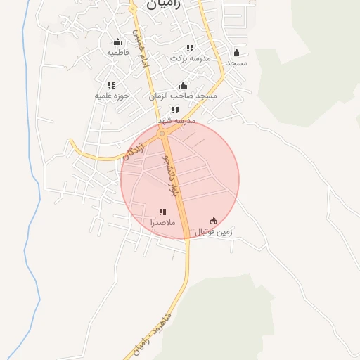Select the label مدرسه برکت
tap(191, 58)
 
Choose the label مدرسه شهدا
tap(176, 121)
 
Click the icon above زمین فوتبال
tap(214, 221)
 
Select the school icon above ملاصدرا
tap(162, 212)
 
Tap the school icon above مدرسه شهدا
tap(175, 110)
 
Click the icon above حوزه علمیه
tap(111, 85)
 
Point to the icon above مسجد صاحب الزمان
tap(183, 84)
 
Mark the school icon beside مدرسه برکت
tap(190, 48)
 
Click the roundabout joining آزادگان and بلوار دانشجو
tap(162, 133)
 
